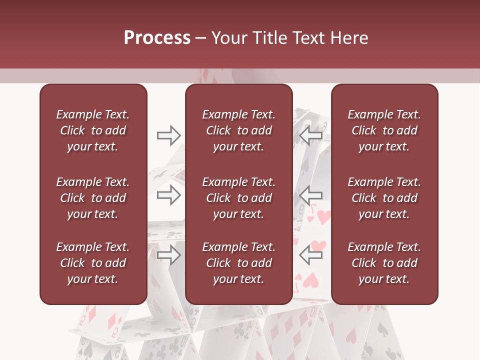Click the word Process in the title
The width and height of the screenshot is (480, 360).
157,38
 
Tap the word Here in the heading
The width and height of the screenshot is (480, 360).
350,38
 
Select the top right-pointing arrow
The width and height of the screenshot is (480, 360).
168,135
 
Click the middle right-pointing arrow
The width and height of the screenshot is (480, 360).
168,195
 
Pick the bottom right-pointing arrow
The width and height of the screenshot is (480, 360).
168,255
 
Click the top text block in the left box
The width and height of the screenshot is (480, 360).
92,130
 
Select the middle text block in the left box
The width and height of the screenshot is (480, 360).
92,198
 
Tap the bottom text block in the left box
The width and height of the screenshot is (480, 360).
92,263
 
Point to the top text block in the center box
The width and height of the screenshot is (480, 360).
238,130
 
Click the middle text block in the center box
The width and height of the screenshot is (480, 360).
238,198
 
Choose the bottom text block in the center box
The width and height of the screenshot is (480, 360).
238,263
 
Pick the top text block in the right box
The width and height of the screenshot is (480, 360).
384,130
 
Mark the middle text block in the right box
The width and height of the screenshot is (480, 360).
384,198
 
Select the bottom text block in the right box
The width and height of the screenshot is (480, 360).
384,263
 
